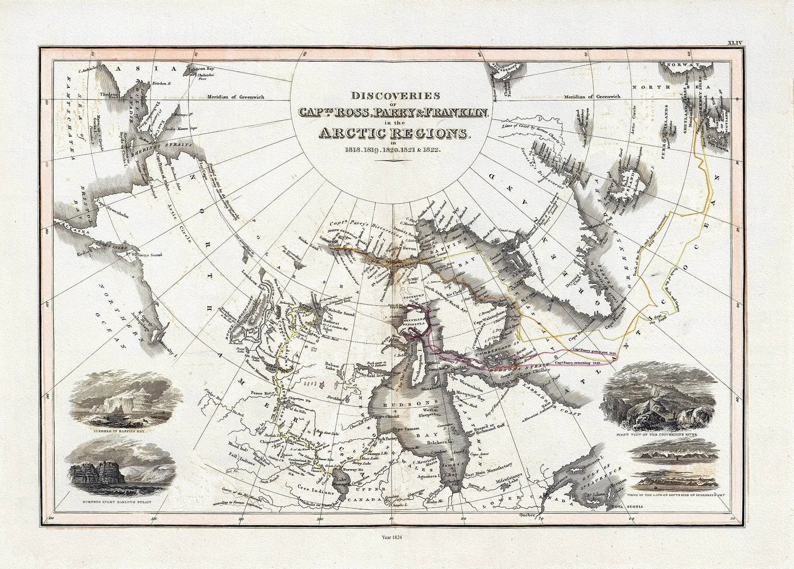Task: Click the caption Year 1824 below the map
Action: (391, 538)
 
